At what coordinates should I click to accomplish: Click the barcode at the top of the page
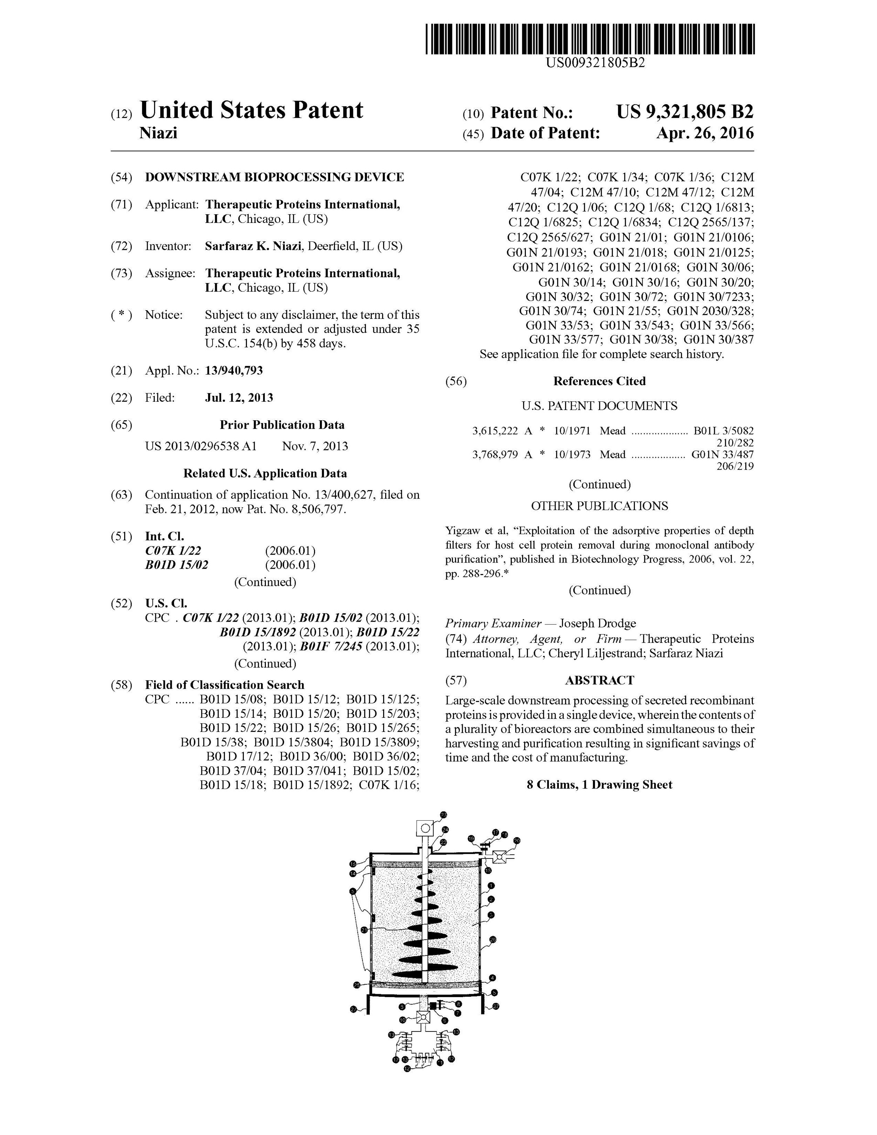590,39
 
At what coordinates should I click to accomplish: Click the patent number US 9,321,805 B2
684,112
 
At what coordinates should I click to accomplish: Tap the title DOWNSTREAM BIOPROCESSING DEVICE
274,177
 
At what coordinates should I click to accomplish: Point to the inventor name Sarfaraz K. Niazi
253,246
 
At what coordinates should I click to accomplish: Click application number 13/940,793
234,370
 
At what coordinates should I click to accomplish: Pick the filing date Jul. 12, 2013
239,398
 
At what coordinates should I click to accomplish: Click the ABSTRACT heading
600,680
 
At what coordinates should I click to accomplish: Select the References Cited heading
599,381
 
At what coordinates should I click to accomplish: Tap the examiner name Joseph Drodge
597,623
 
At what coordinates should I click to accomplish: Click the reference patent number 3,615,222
495,431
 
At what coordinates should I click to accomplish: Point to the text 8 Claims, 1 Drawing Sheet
599,785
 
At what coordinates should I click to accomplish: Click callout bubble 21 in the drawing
364,930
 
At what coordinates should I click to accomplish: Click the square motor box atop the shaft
425,828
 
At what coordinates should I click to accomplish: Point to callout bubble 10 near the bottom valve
403,1020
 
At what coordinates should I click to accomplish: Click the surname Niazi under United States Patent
159,133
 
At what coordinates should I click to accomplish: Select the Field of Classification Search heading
225,685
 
